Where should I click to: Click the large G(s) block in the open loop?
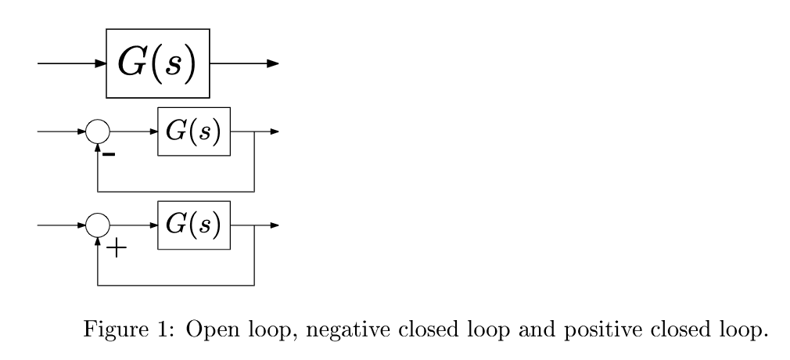158,63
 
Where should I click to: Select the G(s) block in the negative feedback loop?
194,131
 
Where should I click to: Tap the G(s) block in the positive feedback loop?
194,225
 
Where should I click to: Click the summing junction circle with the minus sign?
98,131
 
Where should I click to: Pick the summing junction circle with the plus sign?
98,225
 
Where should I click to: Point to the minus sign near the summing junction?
110,155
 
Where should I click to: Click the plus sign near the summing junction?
115,250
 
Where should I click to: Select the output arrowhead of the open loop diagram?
272,63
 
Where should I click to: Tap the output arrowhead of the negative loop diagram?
273,131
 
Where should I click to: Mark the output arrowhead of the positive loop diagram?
273,225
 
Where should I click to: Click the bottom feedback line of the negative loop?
176,190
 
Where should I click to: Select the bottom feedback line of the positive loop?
176,284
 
